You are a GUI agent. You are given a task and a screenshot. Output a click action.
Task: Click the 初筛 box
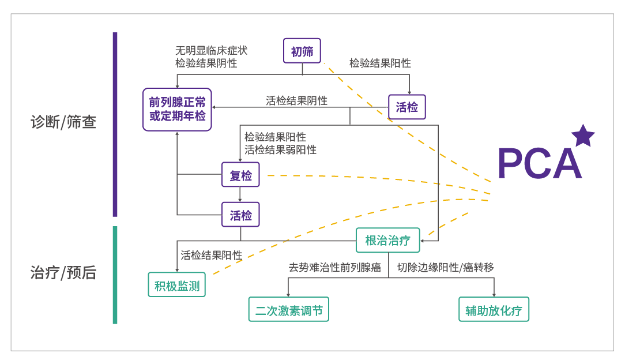302,51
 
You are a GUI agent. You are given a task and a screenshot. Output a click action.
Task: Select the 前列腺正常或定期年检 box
177,109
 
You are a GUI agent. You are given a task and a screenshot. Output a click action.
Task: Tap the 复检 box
240,175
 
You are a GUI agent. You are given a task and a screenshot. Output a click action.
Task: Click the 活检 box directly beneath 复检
240,215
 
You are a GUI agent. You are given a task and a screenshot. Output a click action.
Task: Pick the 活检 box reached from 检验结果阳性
406,107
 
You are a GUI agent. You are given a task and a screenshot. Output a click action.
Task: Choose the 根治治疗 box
387,240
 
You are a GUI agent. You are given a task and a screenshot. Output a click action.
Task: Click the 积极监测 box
176,284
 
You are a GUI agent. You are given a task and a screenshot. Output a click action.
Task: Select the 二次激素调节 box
288,310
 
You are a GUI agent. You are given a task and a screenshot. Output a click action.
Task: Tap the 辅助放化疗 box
494,310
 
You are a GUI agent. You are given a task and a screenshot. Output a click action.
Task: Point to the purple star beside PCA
583,136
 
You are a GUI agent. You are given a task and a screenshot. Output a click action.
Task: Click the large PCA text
539,164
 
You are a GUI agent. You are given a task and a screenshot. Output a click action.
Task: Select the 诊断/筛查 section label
63,122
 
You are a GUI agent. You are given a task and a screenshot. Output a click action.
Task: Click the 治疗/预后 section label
63,272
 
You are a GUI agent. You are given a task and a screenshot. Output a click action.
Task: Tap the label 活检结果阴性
296,100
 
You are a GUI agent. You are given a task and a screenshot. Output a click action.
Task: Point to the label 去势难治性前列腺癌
334,267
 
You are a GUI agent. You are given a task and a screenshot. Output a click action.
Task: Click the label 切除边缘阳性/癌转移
445,267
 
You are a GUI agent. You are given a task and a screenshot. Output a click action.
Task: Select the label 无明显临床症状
211,51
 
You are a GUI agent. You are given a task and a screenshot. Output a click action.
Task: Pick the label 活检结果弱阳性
280,149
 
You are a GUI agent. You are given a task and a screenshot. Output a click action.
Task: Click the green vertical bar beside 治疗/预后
115,275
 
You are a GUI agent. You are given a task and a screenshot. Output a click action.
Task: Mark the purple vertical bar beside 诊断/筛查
115,124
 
